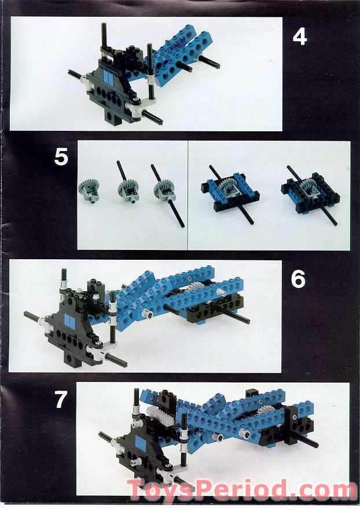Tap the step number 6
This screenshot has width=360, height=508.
pyautogui.click(x=297, y=279)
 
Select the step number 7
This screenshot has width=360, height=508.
pyautogui.click(x=61, y=400)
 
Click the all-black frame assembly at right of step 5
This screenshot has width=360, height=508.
pyautogui.click(x=305, y=192)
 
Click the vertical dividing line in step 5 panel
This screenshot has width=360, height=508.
pyautogui.click(x=188, y=195)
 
